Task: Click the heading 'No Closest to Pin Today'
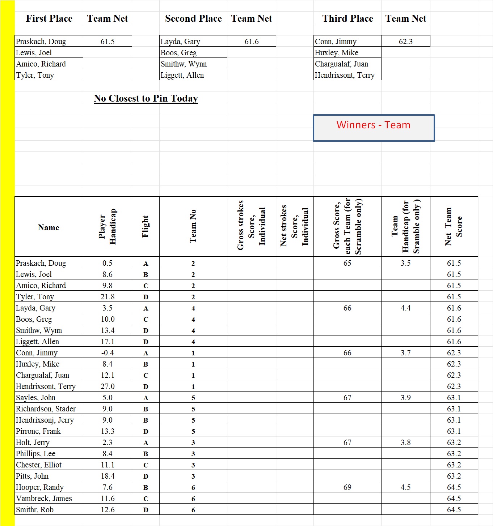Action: [146, 98]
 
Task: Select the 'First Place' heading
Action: [49, 18]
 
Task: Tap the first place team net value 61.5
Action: [108, 41]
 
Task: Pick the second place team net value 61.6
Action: [252, 41]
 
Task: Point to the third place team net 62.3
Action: [406, 41]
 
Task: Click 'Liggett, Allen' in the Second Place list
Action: [182, 75]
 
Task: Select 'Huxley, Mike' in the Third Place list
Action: [337, 53]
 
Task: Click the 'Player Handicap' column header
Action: [108, 227]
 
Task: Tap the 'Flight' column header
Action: [146, 227]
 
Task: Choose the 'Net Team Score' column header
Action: [454, 227]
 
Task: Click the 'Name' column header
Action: [49, 227]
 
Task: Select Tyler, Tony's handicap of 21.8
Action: [108, 297]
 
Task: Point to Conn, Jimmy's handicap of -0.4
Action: [108, 353]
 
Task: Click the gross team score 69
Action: [347, 487]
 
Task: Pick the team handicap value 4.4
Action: [405, 308]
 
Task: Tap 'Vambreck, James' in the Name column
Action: [44, 499]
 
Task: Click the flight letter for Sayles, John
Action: [146, 398]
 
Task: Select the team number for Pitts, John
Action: [193, 476]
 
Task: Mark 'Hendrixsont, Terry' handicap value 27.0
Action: [108, 386]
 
